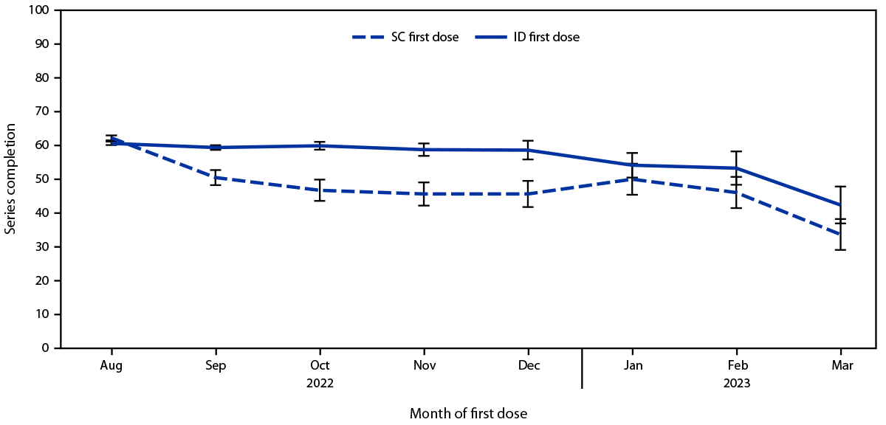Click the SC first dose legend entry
pos(405,37)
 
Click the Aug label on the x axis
pos(111,366)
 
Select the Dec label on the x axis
pos(528,366)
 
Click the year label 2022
pos(320,384)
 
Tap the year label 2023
pos(736,384)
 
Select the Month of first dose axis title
pos(469,413)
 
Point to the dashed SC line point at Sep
pos(216,177)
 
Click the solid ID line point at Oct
pos(320,145)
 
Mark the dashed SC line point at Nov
pos(424,194)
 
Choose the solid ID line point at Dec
pos(528,150)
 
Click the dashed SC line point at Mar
pos(840,235)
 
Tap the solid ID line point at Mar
pos(840,204)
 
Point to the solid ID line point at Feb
pos(736,167)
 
